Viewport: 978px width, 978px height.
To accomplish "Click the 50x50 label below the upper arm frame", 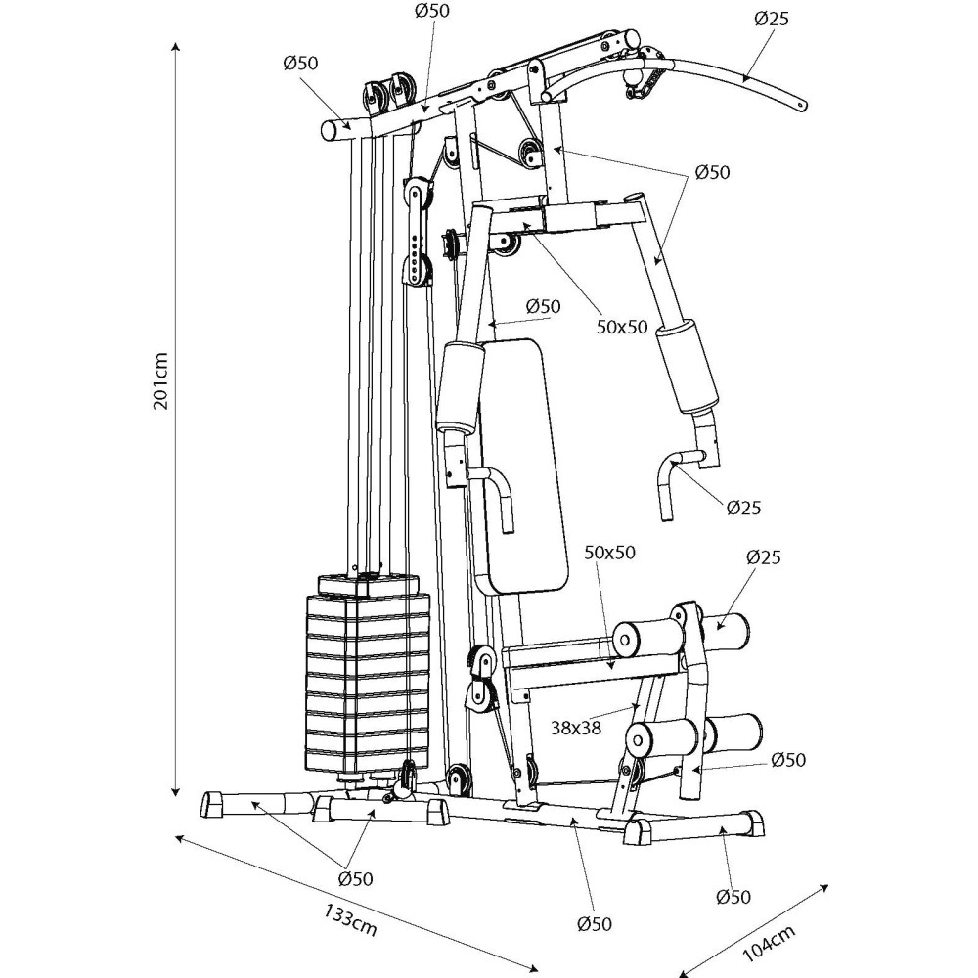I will (622, 327).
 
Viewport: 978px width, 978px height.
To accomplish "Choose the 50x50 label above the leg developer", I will (609, 553).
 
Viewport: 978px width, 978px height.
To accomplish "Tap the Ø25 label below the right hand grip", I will (743, 507).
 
